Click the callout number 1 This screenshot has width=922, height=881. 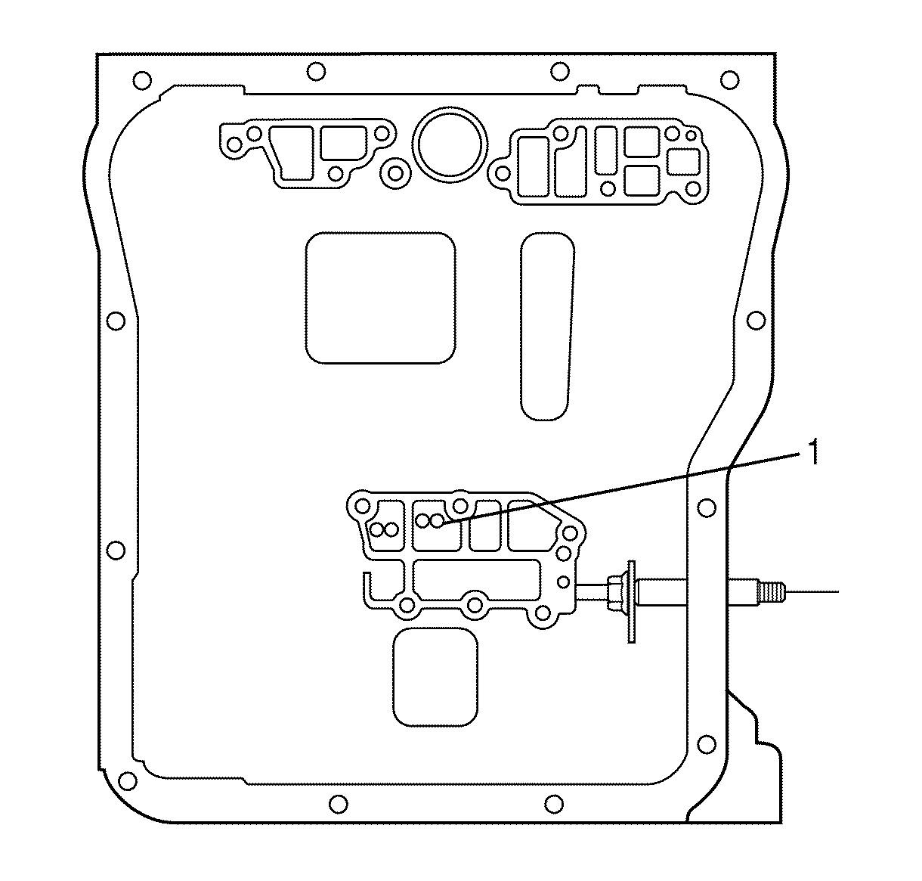point(813,452)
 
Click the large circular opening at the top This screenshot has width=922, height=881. point(450,144)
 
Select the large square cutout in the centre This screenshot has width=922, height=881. point(380,298)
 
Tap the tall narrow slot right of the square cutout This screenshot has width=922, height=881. point(546,326)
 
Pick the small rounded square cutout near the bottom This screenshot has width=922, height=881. point(435,677)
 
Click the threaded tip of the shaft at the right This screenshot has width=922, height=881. point(772,591)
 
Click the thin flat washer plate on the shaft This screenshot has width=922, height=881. point(631,602)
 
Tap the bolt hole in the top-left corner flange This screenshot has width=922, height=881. point(141,80)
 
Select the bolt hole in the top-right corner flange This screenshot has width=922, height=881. point(729,79)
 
